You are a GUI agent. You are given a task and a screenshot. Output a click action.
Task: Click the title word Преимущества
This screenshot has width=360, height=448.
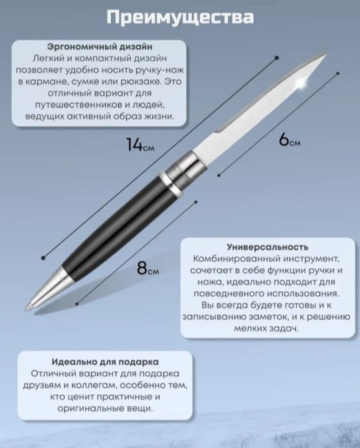[180, 17]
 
